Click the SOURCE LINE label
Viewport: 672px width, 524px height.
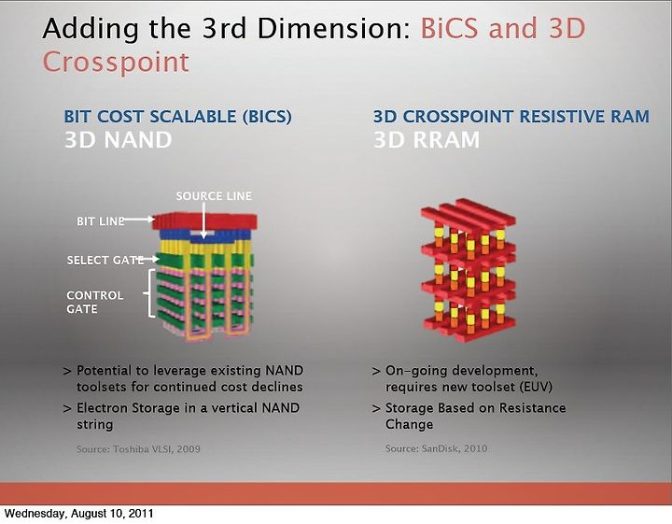coord(214,196)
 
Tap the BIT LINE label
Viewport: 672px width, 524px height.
coord(100,221)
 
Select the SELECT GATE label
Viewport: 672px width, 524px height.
coord(105,261)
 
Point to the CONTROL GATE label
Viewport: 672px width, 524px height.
coord(94,302)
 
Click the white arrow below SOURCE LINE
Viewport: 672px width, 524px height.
coord(204,220)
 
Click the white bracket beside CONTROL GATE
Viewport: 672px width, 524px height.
coord(149,293)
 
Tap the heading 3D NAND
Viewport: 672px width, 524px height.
coord(118,140)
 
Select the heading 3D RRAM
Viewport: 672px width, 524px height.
coord(427,140)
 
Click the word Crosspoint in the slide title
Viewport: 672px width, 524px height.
coord(116,63)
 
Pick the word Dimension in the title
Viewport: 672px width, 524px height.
coord(334,28)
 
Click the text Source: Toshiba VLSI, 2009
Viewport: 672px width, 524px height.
coord(138,449)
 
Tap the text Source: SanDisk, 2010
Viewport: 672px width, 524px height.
coord(436,448)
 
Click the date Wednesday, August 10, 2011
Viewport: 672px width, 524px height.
coord(78,514)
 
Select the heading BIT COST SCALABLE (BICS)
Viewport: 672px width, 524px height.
coord(178,117)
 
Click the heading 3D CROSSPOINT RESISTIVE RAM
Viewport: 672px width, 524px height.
coord(511,117)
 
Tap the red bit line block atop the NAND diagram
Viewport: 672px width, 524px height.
coord(204,221)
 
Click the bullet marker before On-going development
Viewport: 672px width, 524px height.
coord(376,371)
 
